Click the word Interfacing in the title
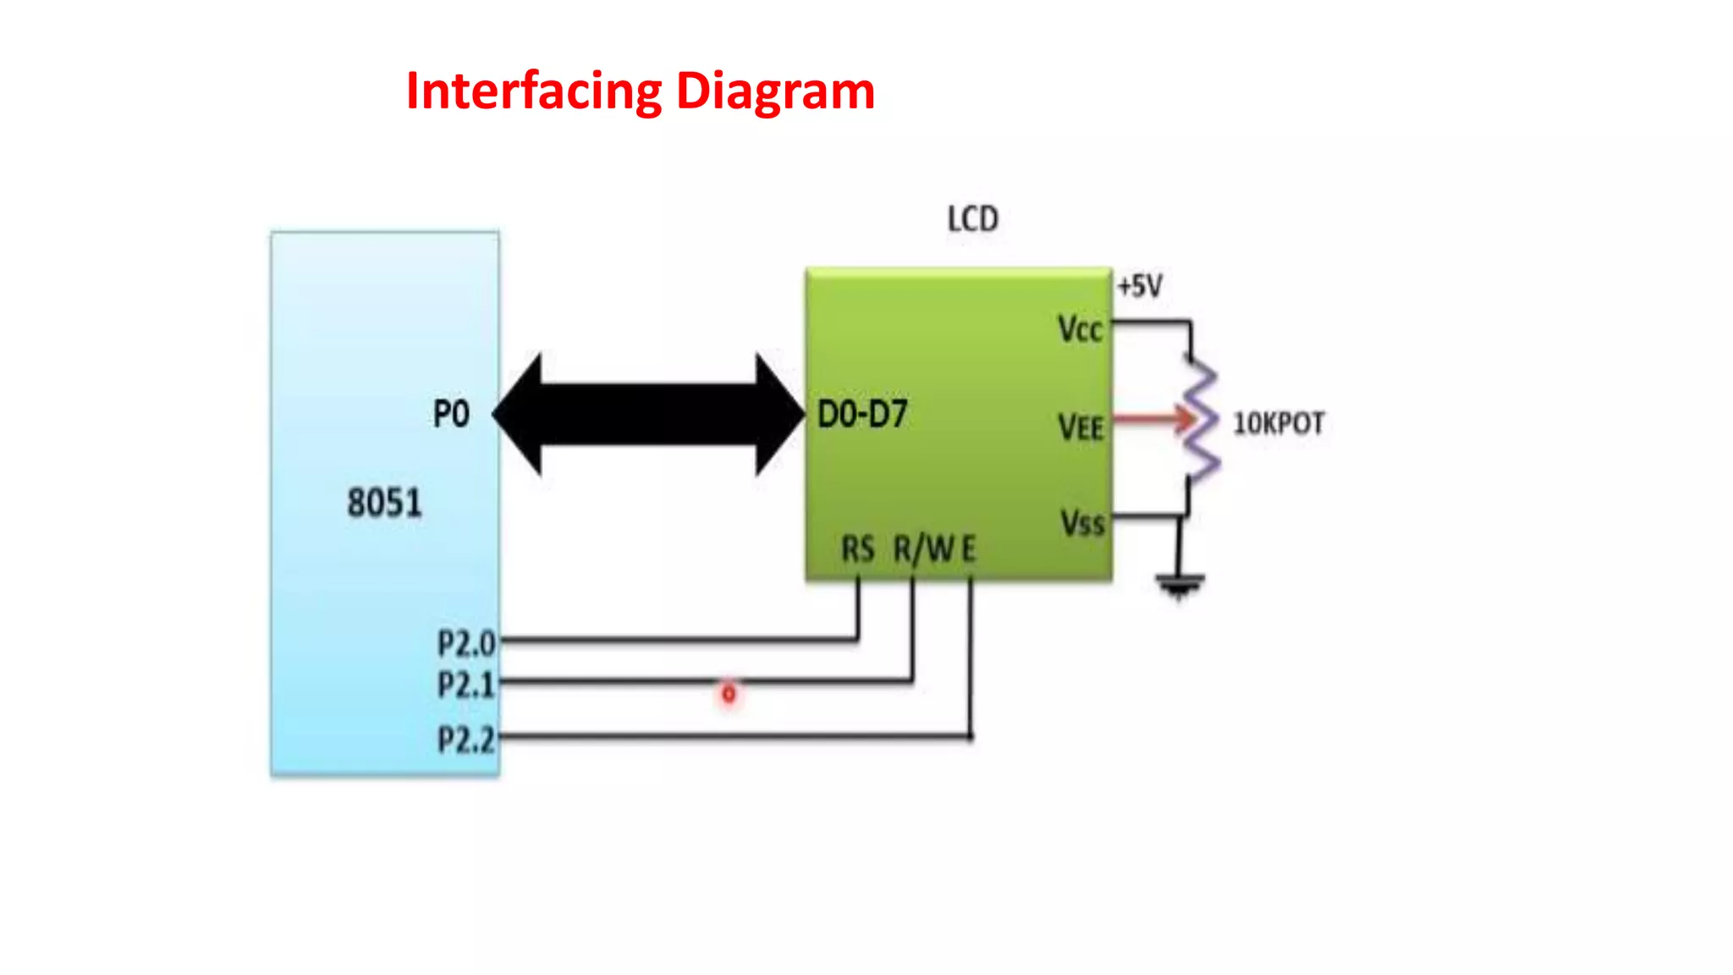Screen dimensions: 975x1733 [x=534, y=91]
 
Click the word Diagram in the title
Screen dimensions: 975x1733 [x=775, y=92]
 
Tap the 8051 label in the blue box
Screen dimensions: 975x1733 [x=384, y=503]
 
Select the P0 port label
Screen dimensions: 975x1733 [x=451, y=415]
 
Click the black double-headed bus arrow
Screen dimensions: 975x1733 [x=648, y=415]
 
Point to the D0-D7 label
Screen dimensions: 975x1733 [x=861, y=415]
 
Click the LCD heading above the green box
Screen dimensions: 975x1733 [x=972, y=219]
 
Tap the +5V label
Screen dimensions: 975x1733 [x=1140, y=286]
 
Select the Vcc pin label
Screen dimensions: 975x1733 [x=1080, y=329]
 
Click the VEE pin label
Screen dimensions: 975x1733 [x=1081, y=427]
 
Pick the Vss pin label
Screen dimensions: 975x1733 [x=1082, y=523]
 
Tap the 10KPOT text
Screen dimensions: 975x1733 [x=1278, y=423]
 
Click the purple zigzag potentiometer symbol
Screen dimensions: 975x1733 [x=1200, y=419]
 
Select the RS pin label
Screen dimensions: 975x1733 [x=857, y=549]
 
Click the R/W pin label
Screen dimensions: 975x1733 [x=922, y=549]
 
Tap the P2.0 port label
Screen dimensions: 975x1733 [x=465, y=644]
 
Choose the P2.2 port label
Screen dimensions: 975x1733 [x=465, y=741]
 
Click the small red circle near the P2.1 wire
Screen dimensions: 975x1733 [x=729, y=694]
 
